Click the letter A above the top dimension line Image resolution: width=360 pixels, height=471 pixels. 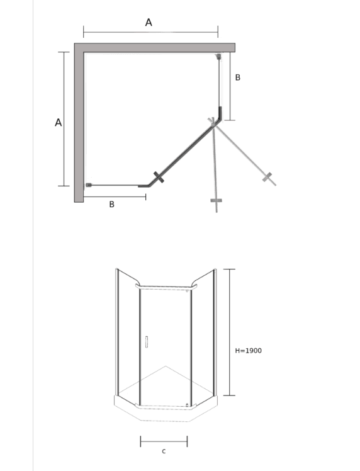149,22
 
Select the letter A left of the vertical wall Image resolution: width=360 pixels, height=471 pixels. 59,123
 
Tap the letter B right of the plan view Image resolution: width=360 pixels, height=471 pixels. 238,77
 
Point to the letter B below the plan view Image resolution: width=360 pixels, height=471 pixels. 111,204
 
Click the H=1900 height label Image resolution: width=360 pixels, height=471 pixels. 249,351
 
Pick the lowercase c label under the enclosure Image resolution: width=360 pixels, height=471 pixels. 164,451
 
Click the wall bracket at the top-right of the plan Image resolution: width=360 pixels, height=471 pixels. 218,56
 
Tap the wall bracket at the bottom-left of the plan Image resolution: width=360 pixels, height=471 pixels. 89,184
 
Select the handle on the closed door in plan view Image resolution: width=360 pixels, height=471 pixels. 159,177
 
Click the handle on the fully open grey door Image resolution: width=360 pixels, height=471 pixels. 267,177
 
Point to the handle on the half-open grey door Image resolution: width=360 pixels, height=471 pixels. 216,200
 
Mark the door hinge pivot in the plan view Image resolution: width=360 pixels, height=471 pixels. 213,124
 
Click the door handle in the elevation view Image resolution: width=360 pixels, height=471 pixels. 146,342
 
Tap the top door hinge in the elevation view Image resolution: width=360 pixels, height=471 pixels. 187,290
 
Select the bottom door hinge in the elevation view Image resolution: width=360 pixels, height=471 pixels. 187,406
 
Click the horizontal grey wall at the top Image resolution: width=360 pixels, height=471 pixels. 155,47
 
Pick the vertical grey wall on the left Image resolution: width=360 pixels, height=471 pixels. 79,123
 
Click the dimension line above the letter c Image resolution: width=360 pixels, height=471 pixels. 164,441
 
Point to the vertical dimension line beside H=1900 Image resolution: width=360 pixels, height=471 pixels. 230,332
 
